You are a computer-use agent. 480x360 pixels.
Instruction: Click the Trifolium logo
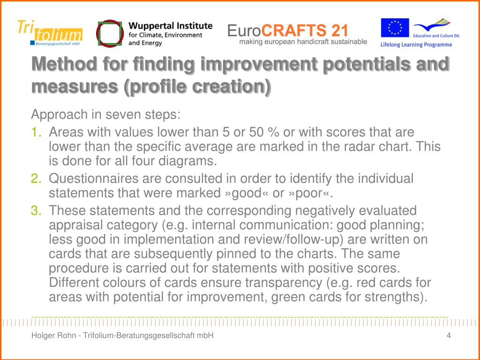(x=49, y=33)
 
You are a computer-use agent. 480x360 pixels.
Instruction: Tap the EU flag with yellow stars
(x=394, y=28)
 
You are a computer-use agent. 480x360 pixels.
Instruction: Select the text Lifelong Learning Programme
(x=416, y=45)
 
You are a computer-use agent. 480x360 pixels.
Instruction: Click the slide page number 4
(x=449, y=335)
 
